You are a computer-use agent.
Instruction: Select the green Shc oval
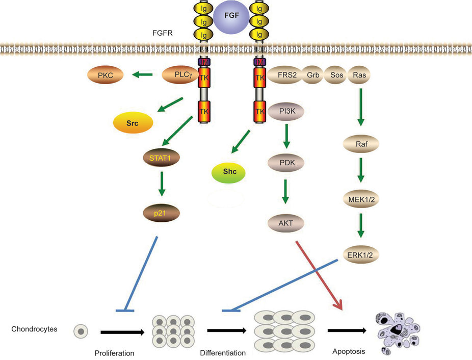(x=228, y=173)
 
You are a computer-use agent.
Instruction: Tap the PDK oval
(x=286, y=164)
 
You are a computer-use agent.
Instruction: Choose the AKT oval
(x=286, y=222)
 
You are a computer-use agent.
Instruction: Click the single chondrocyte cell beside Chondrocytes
(x=81, y=331)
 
